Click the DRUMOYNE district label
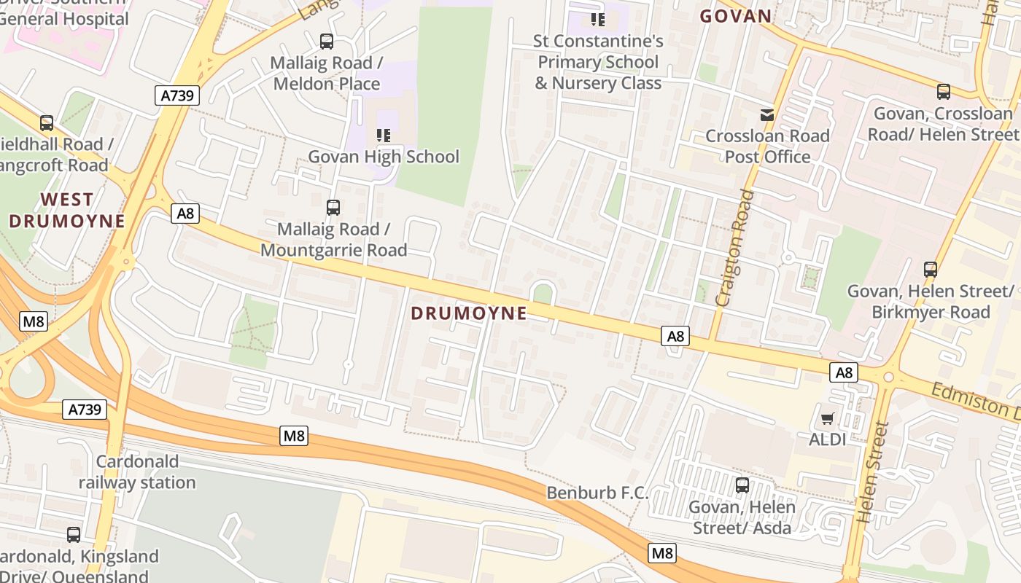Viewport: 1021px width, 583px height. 468,313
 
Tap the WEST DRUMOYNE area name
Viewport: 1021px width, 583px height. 66,210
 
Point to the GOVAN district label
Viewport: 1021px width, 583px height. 735,16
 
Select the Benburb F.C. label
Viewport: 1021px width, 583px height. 597,493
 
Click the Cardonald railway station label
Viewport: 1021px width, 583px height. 137,472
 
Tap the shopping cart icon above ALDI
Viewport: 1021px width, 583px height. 828,418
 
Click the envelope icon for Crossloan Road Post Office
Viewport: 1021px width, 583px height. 767,114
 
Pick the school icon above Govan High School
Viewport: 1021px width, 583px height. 384,135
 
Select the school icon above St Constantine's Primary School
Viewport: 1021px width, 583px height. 598,19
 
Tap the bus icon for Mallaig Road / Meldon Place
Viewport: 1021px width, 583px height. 327,42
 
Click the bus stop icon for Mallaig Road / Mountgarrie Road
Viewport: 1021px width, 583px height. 333,208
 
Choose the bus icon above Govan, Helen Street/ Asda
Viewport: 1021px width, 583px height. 742,485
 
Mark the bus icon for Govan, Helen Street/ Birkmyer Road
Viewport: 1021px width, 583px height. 931,270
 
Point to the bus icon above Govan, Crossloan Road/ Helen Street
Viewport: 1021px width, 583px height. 944,92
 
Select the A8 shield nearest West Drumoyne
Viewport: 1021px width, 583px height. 185,214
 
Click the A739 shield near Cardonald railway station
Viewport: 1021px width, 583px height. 85,410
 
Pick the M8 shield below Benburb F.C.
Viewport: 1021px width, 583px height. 662,553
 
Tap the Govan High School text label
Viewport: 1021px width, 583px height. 384,157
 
